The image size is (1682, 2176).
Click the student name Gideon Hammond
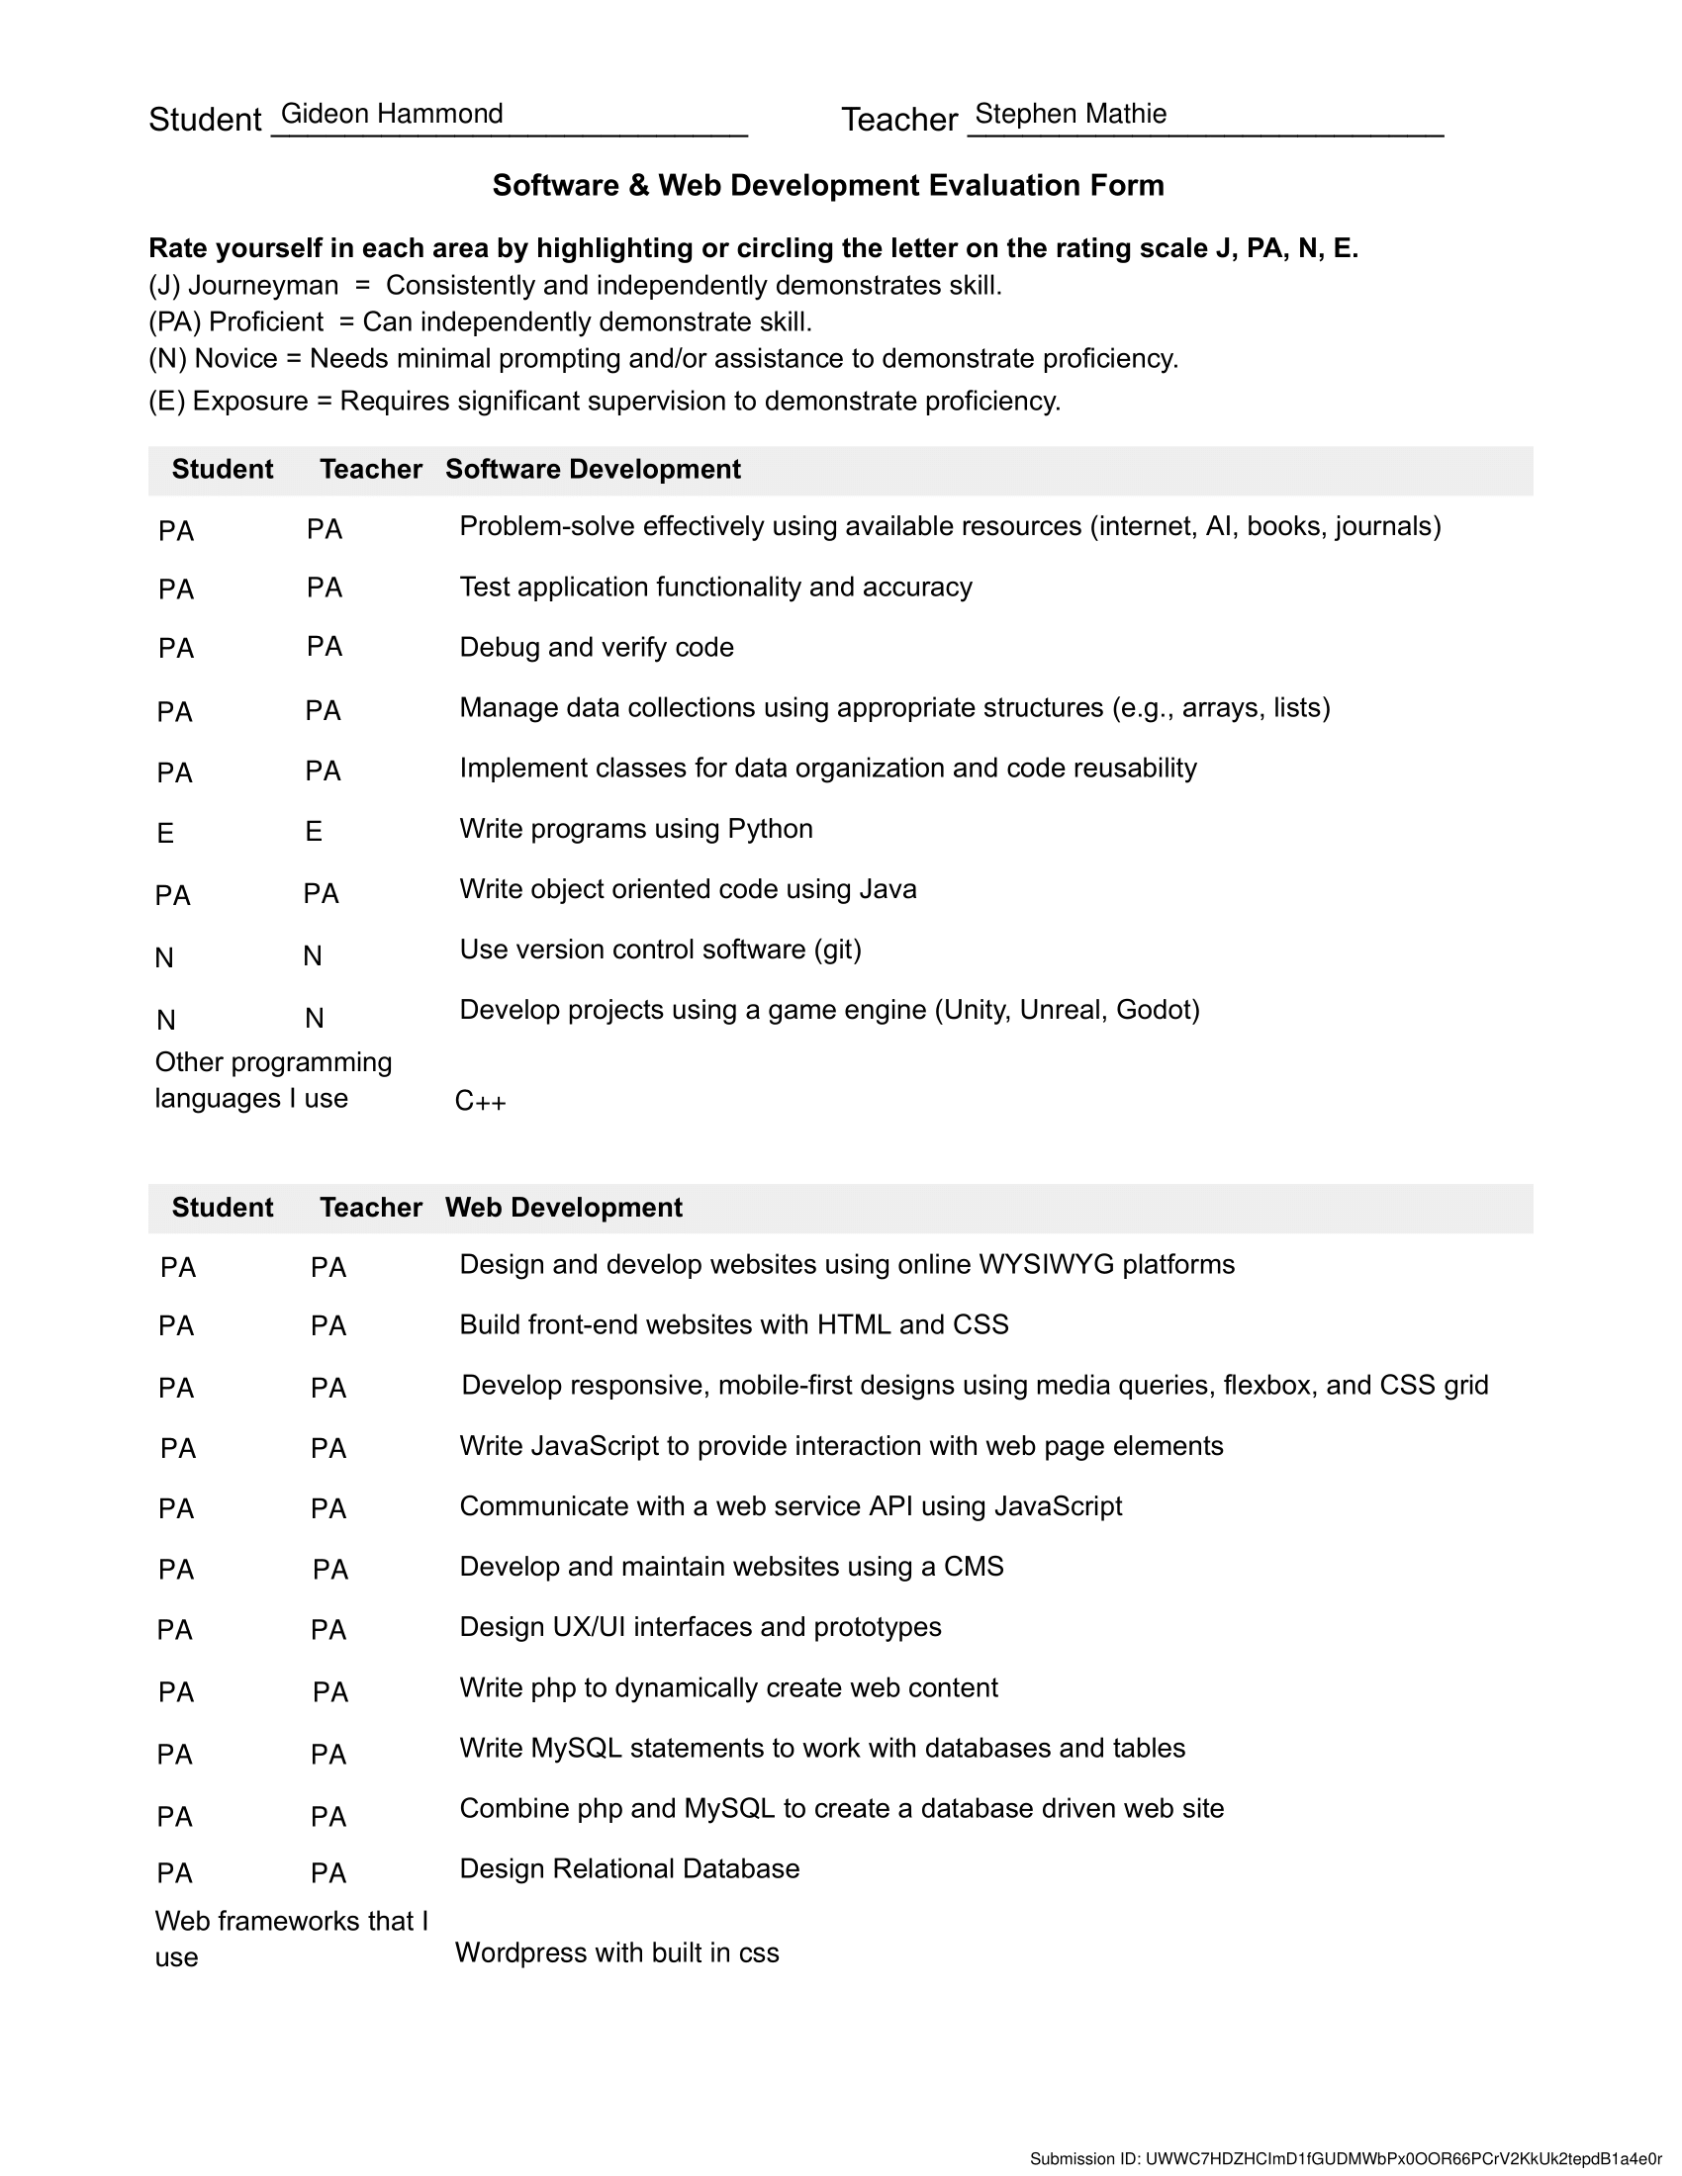(392, 114)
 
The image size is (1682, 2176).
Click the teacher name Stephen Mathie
(1071, 114)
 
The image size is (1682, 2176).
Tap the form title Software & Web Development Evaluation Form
(828, 185)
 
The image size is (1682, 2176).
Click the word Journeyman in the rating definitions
(263, 286)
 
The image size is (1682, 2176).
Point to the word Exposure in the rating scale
(250, 402)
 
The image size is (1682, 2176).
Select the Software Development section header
(593, 469)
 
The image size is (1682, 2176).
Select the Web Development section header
(564, 1208)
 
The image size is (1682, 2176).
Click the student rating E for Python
(165, 833)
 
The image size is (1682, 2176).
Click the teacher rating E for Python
(314, 831)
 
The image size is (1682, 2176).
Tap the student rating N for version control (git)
(164, 957)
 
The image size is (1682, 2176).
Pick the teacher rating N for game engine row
(314, 1018)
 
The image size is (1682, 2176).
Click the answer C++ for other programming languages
(480, 1101)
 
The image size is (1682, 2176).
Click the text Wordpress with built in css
(616, 1952)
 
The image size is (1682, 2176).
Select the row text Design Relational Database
(629, 1868)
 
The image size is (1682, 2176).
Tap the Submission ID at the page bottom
(1346, 2159)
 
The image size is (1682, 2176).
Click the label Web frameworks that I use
(291, 1938)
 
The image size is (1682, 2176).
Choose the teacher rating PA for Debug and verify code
(325, 647)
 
